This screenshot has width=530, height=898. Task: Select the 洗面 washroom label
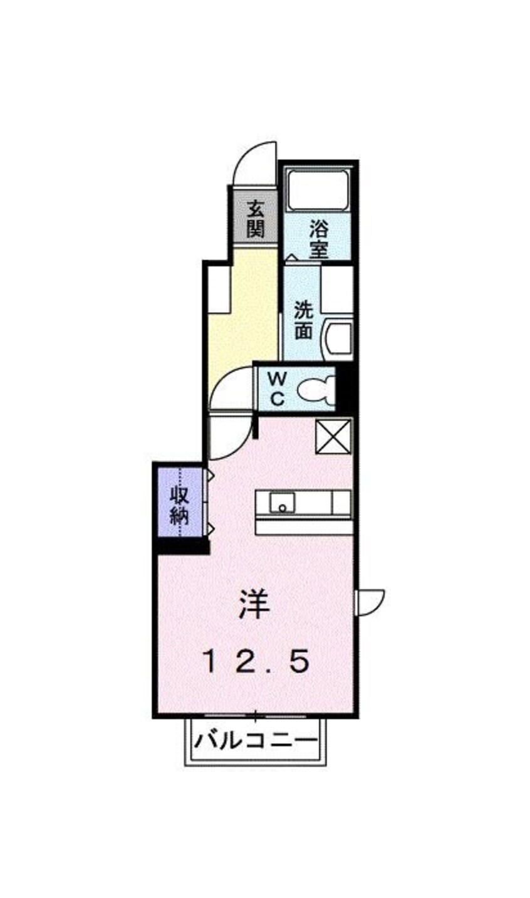click(304, 320)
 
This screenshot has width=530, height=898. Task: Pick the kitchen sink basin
click(282, 503)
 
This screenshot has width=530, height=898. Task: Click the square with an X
click(333, 436)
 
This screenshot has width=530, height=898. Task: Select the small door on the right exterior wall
click(370, 602)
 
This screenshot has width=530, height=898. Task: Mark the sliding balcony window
click(255, 715)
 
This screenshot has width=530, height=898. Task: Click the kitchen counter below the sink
click(304, 527)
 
